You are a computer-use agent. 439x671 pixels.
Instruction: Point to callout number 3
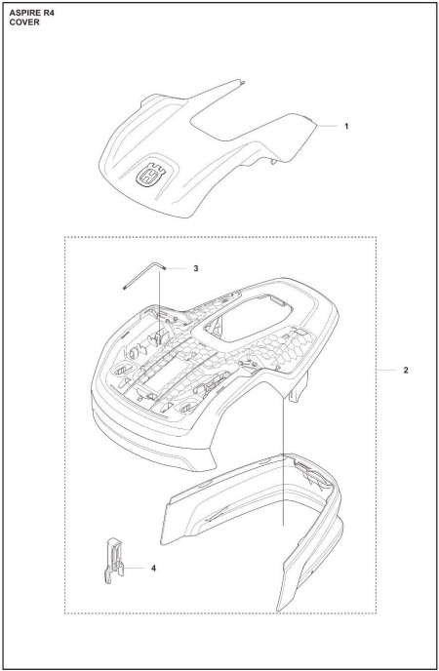coord(195,267)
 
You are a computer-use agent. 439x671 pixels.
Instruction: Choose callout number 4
coord(154,566)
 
